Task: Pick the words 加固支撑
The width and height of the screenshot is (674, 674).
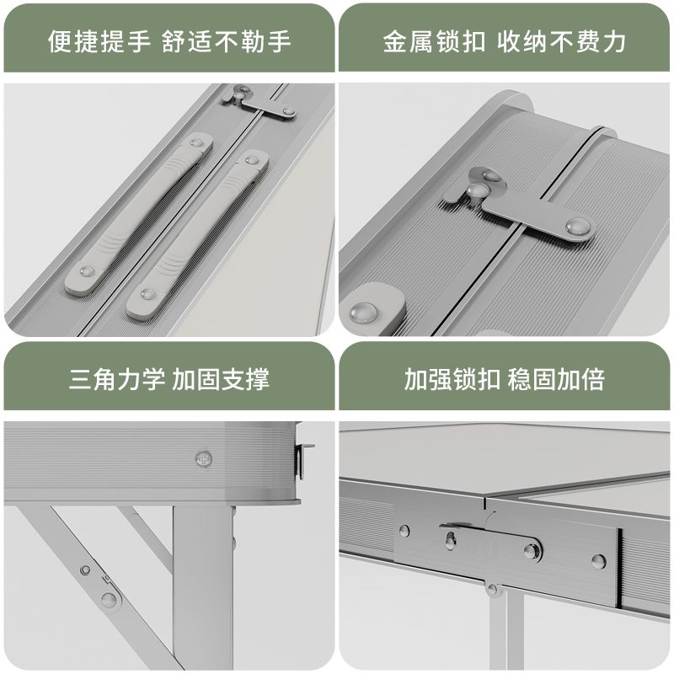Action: tap(221, 378)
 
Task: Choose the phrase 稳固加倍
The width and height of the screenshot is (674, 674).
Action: tap(556, 378)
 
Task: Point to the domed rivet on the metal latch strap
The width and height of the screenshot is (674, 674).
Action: tap(578, 225)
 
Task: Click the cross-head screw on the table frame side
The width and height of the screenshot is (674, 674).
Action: tap(203, 458)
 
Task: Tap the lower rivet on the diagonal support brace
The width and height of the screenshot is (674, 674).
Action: tap(109, 599)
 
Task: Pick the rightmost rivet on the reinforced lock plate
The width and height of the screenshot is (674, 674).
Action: tap(597, 560)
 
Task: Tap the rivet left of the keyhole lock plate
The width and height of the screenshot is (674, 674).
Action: tap(404, 531)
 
